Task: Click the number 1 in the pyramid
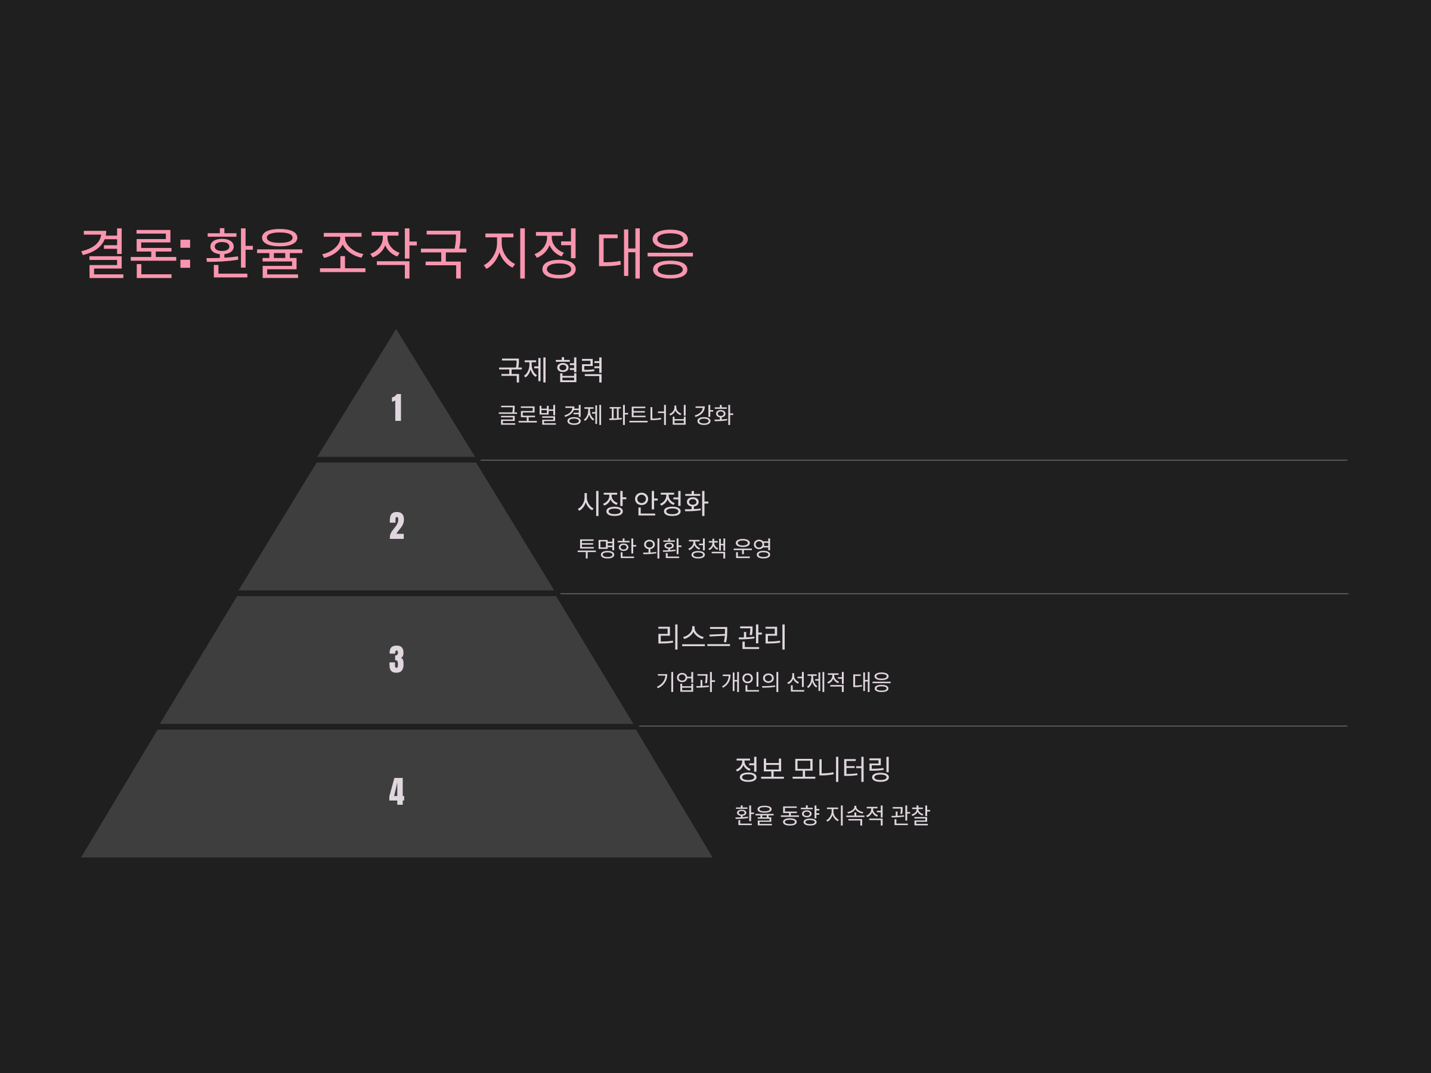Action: (x=397, y=408)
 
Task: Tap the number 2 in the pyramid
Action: (x=397, y=526)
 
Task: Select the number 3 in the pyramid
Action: (x=397, y=660)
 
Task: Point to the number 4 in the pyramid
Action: (x=397, y=792)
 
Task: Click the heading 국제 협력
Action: (x=550, y=370)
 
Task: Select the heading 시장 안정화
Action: (x=642, y=503)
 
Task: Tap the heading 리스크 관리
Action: (x=721, y=637)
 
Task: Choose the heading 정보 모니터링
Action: (x=813, y=769)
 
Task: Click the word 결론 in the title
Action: (x=128, y=253)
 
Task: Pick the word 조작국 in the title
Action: (x=392, y=253)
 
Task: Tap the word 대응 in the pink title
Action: (x=645, y=253)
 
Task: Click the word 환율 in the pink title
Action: (x=253, y=253)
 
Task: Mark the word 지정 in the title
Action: (x=531, y=253)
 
